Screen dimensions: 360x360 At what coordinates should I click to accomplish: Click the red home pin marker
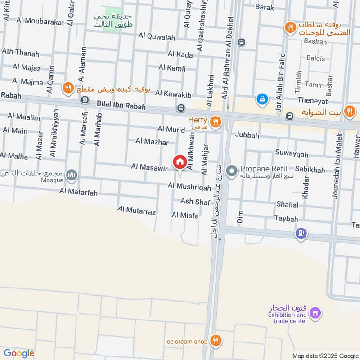tap(180, 162)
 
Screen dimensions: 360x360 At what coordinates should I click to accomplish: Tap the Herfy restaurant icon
tap(216, 121)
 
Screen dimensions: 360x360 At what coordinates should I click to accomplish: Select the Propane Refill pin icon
tap(232, 171)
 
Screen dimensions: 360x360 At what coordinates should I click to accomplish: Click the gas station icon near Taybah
tap(301, 234)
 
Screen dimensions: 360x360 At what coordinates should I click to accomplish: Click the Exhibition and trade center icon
tap(315, 312)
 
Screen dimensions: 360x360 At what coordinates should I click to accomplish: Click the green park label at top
tap(109, 20)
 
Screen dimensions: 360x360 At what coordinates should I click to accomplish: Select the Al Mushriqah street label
tap(189, 186)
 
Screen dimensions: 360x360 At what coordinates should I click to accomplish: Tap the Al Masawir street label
tap(149, 167)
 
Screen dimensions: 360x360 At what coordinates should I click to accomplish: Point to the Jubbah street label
tap(247, 135)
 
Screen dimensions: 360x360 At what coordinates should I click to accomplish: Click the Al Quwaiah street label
tap(157, 36)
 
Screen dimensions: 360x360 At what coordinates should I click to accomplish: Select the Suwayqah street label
tap(293, 155)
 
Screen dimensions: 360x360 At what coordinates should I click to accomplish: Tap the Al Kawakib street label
tap(174, 93)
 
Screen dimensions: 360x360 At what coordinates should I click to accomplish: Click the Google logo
tap(18, 353)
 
